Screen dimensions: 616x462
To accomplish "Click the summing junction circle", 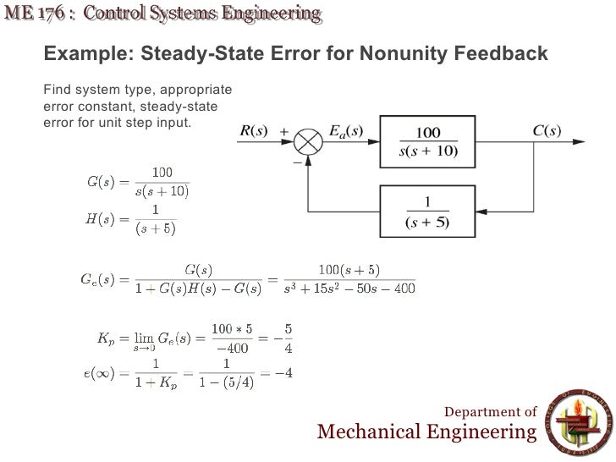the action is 311,140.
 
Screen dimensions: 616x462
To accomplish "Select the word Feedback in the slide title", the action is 502,55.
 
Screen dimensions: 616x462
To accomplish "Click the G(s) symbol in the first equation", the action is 102,181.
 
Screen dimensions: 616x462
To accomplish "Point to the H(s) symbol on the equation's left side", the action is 102,219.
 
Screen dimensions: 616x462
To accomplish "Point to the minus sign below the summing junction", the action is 297,161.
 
